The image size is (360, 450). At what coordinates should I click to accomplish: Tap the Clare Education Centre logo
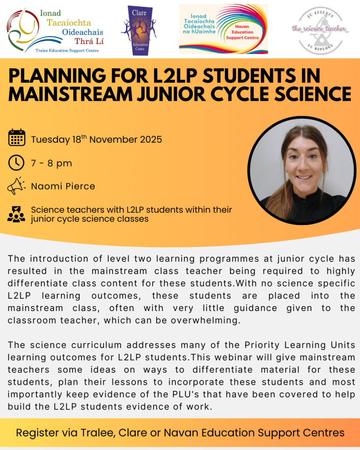coord(139,30)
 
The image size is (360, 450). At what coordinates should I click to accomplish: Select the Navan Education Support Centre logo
coord(223,29)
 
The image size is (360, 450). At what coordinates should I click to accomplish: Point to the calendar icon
coord(17,138)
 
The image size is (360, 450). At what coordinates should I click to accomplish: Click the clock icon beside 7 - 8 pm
coord(17,162)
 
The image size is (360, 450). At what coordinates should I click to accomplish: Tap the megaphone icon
coord(17,186)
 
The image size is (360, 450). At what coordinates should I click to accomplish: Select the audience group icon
coord(17,214)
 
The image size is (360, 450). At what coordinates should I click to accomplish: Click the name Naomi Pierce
coord(63,186)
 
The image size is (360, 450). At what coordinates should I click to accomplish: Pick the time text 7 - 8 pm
coord(51,163)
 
